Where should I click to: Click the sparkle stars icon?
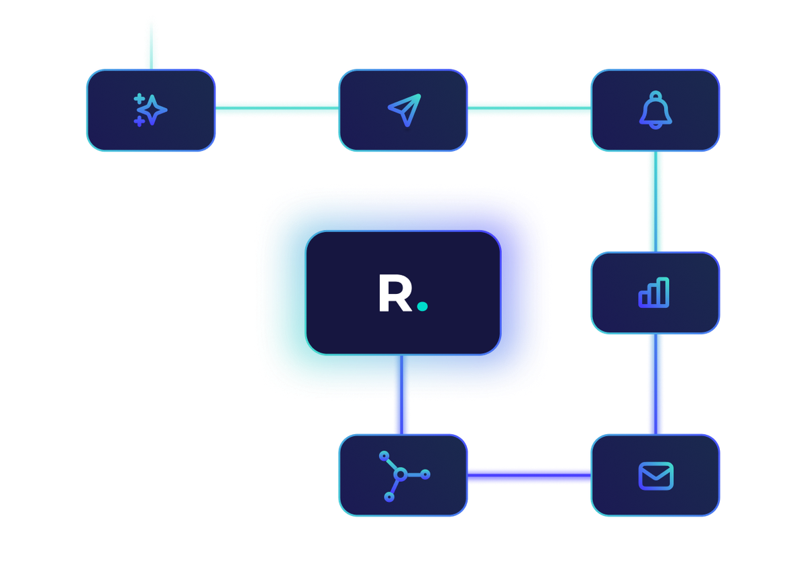151,109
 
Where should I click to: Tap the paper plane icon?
403,109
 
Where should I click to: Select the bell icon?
655,109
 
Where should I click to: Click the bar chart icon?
654,293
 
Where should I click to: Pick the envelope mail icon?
655,476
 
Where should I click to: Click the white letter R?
395,293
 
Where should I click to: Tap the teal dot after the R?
422,307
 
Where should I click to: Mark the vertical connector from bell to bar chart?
655,201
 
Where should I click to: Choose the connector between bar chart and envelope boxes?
655,384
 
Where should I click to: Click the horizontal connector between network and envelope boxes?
529,476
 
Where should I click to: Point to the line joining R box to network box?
401,395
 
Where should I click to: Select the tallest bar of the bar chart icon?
663,292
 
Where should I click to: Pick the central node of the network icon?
400,474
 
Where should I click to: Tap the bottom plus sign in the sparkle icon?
140,121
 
